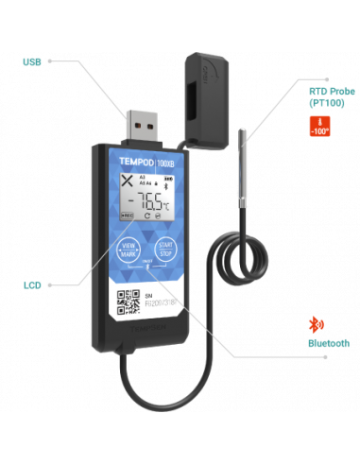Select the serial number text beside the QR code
[x=158, y=302]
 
